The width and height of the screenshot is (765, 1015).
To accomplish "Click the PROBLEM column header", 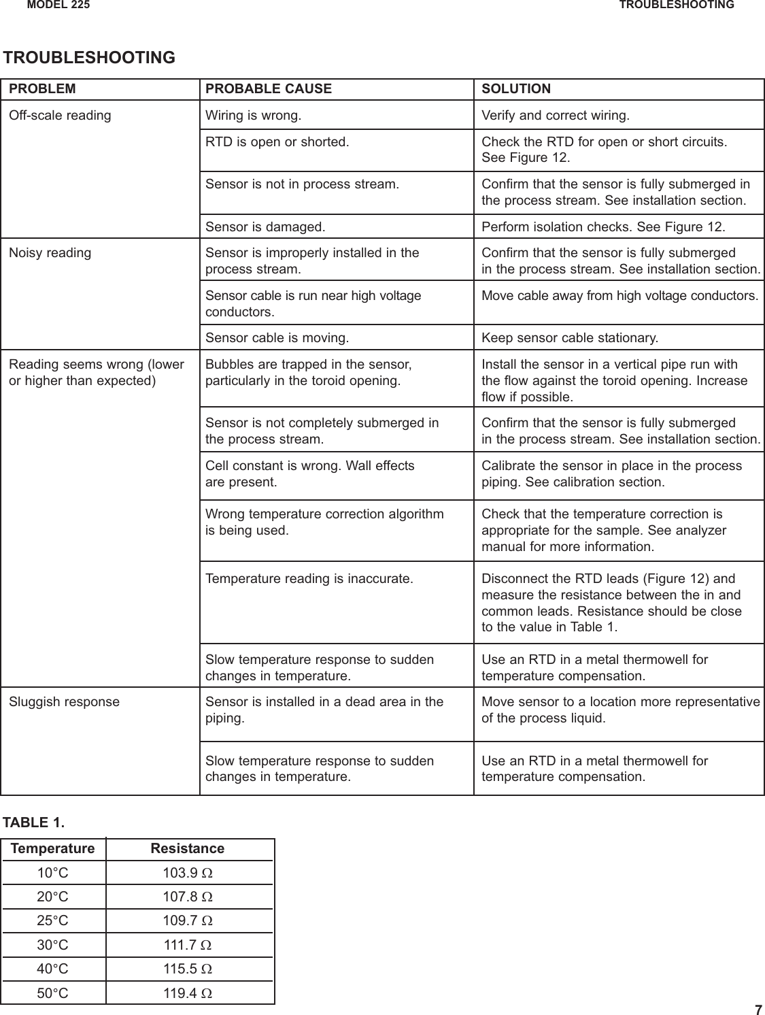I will [x=42, y=89].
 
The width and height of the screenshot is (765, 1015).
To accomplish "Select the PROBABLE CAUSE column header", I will [x=269, y=89].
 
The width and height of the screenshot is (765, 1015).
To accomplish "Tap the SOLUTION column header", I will [x=516, y=89].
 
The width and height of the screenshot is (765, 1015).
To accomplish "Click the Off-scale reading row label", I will [x=60, y=115].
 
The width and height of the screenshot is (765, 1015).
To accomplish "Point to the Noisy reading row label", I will [x=50, y=253].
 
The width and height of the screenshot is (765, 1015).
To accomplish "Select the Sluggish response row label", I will [x=64, y=701].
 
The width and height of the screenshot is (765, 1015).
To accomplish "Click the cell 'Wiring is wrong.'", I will [x=254, y=115].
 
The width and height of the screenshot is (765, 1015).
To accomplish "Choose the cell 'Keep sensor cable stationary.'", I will [x=570, y=337].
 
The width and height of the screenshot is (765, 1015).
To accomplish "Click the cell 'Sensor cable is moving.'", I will [x=277, y=337].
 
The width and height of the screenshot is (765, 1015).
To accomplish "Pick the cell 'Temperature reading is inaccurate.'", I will [x=309, y=579].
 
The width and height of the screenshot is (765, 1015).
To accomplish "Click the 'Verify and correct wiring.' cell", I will [x=556, y=115].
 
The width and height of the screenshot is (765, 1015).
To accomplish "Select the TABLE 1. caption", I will [x=34, y=822].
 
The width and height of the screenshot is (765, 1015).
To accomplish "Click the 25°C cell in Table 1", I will [x=52, y=921].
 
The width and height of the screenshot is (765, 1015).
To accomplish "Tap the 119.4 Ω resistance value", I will [x=188, y=993].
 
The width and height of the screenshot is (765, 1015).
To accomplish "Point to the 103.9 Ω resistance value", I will [x=188, y=873].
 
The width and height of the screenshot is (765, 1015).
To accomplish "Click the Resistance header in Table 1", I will [x=187, y=848].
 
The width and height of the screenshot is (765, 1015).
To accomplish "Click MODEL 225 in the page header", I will [x=58, y=5].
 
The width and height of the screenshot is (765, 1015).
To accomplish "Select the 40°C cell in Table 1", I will [x=52, y=969].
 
